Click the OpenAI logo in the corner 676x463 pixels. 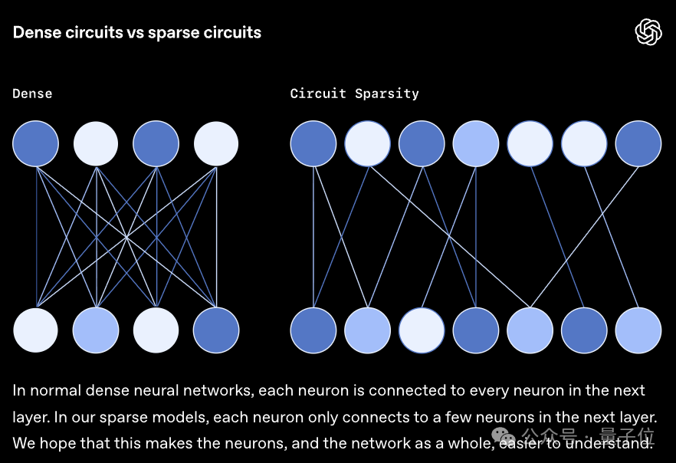(648, 32)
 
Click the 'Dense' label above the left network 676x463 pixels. (32, 94)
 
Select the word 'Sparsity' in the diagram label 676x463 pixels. (387, 94)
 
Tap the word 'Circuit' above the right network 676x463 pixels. (318, 94)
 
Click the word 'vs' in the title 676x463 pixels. (136, 33)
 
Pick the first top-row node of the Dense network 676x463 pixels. (35, 143)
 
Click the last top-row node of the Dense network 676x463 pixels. (216, 143)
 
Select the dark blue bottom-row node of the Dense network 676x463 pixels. (216, 330)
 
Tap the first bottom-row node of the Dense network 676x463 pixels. (35, 330)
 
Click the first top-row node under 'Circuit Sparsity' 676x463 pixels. (313, 143)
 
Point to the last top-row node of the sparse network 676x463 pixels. (638, 143)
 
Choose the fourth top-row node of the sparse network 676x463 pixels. (476, 143)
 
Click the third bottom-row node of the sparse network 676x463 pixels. (422, 330)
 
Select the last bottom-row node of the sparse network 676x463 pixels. (638, 330)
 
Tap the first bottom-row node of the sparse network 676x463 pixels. (313, 330)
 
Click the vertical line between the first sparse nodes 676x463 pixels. (313, 237)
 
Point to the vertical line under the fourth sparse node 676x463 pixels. (476, 237)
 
